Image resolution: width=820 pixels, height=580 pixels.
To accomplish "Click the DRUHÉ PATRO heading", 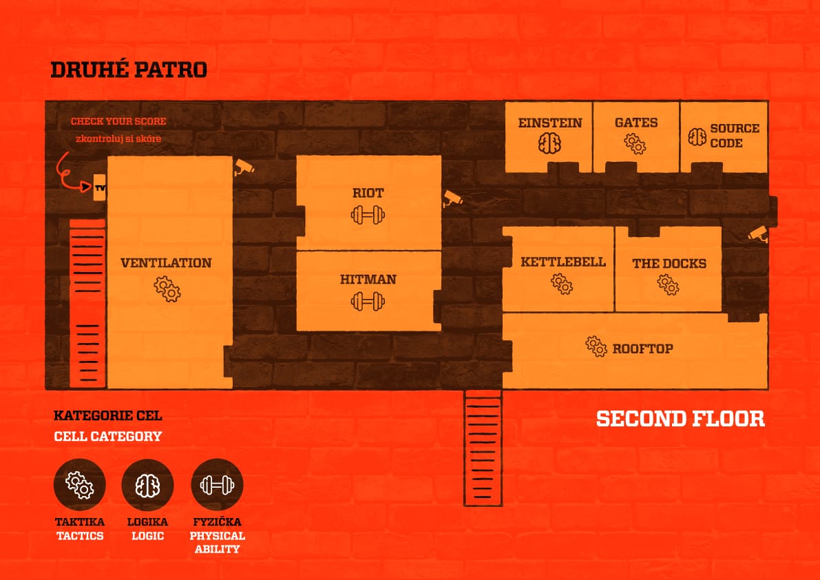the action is tap(129, 70).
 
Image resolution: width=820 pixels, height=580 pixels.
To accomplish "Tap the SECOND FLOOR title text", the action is tap(680, 419).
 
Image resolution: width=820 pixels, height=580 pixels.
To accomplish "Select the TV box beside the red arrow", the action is tap(100, 188).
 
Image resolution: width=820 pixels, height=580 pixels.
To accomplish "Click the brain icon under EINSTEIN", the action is tap(549, 143).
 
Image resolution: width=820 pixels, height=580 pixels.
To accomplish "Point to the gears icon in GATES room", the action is tap(635, 143).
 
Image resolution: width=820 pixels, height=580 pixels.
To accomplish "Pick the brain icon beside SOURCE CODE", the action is tap(697, 137).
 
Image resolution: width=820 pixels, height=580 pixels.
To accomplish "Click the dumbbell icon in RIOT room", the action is tap(368, 214).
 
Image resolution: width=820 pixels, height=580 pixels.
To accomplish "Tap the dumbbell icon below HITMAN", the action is tap(368, 301).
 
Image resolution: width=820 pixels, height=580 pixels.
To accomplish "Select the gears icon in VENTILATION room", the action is tap(167, 289).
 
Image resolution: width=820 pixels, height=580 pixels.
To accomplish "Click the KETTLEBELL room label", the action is tap(563, 262).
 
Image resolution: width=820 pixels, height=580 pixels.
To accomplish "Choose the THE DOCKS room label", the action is tap(669, 264).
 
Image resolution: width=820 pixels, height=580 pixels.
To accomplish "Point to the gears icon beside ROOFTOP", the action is tap(596, 346).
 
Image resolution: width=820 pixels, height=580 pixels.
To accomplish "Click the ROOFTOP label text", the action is tap(643, 349).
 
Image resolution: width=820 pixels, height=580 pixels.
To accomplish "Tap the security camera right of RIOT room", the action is tap(452, 198).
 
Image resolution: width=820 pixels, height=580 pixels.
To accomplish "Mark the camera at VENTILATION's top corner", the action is tap(244, 167).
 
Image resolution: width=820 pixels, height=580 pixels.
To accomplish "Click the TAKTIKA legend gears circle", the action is tap(79, 485).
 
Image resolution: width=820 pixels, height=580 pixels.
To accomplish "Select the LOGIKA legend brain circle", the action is tap(147, 485).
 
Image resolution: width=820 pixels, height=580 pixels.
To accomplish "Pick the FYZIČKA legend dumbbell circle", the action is tap(217, 485).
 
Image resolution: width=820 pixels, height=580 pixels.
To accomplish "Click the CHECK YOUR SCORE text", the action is tap(118, 121).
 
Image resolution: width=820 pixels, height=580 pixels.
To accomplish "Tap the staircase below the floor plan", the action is tap(483, 448).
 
